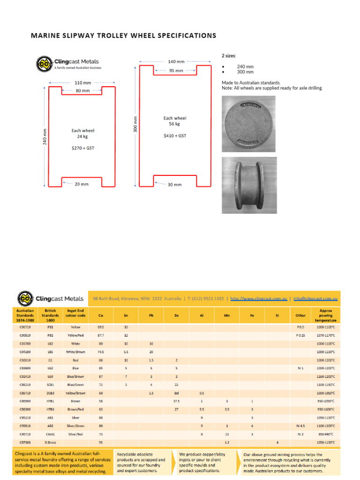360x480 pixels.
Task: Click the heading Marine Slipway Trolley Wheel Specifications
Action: tap(123, 36)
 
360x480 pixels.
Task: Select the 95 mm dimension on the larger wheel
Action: tap(176, 71)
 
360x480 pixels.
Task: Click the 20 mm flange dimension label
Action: tap(82, 184)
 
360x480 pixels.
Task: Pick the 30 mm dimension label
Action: tap(174, 184)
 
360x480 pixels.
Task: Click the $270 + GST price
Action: tap(82, 148)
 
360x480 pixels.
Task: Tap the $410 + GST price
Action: tap(174, 135)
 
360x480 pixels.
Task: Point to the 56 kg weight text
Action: tap(174, 124)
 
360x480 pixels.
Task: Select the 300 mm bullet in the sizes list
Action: tap(245, 72)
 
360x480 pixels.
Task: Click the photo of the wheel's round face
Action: tap(248, 124)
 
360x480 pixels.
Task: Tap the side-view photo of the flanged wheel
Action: tap(248, 185)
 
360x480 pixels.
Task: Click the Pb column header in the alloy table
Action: tap(151, 316)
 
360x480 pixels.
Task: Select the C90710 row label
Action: tap(25, 327)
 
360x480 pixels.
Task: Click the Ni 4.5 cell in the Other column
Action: tap(300, 426)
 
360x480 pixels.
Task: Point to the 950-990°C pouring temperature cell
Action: tap(326, 434)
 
